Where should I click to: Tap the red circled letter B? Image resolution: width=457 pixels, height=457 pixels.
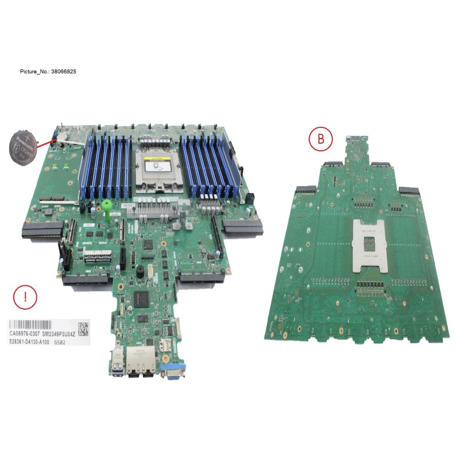tap(320, 138)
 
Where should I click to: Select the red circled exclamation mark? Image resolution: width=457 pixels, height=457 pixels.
tap(25, 297)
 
